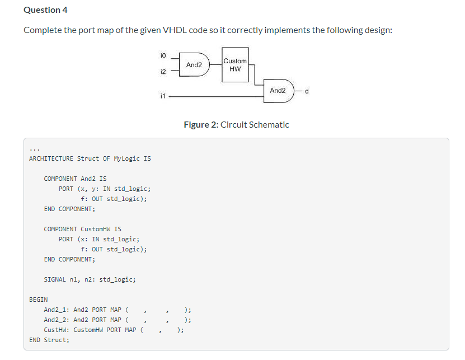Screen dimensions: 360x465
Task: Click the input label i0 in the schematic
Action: click(x=162, y=55)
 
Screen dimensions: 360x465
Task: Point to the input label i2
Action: click(x=162, y=72)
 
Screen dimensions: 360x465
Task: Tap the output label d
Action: click(x=307, y=91)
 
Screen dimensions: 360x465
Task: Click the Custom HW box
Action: click(x=234, y=65)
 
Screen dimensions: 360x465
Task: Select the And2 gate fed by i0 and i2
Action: click(x=194, y=65)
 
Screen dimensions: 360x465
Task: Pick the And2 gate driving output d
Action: click(x=278, y=91)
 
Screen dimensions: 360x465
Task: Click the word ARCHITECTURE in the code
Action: click(x=51, y=158)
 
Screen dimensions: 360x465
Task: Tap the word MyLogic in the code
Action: click(x=127, y=158)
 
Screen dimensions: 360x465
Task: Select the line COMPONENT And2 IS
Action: click(x=75, y=179)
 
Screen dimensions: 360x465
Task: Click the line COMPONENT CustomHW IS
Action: click(x=82, y=229)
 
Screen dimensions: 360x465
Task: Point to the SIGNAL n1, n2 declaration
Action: click(x=90, y=279)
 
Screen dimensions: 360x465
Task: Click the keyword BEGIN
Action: click(x=38, y=300)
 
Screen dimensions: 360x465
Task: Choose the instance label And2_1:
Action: click(x=57, y=310)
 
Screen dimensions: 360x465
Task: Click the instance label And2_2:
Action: click(x=57, y=320)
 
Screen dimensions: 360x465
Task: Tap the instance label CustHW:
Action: click(x=57, y=330)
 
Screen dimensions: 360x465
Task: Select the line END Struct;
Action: click(x=49, y=340)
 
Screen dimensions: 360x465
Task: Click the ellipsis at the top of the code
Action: click(x=34, y=149)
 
